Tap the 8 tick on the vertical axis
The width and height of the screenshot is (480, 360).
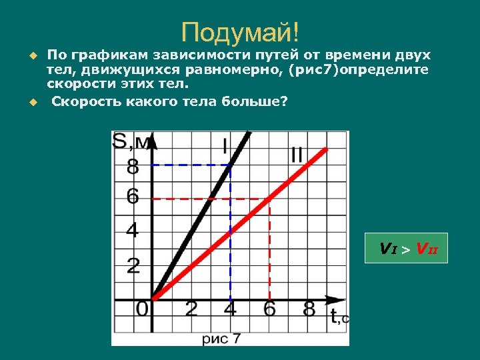pyautogui.click(x=133, y=165)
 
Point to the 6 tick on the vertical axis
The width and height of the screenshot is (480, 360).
pyautogui.click(x=133, y=197)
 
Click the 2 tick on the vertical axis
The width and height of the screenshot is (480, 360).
pyautogui.click(x=133, y=266)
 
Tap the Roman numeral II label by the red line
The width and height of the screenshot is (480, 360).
pyautogui.click(x=296, y=154)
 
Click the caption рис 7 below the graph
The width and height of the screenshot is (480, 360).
pyautogui.click(x=222, y=339)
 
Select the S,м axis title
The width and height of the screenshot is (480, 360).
pyautogui.click(x=131, y=142)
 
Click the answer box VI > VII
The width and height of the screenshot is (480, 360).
pyautogui.click(x=407, y=249)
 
